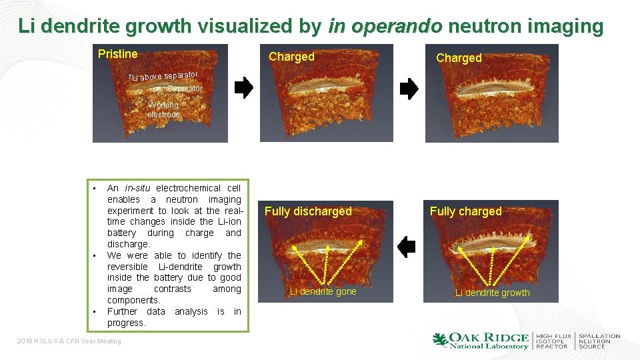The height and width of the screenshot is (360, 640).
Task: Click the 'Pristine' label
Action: coord(117,54)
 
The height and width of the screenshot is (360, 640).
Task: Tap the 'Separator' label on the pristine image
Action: coord(185,89)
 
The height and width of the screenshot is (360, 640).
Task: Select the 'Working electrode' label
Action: coord(163,110)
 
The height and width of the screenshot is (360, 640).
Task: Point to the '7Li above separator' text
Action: coord(163,77)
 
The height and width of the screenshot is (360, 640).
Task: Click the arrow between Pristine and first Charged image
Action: coord(245,87)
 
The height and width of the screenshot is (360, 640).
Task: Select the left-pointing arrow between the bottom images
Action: coord(406,247)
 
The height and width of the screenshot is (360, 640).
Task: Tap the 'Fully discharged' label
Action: coord(308,211)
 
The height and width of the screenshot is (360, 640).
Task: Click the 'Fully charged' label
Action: coord(465,211)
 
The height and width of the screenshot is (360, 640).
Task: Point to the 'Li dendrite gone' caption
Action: coord(323,291)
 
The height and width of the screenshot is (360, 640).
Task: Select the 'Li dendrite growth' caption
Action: coord(492,293)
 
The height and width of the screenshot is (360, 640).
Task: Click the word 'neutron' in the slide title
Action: coord(475,26)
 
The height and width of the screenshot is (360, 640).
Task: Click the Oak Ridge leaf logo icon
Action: coord(441,340)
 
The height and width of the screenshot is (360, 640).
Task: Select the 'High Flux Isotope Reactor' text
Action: coord(553,341)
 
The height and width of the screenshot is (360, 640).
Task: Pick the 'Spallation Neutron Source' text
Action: coord(599,341)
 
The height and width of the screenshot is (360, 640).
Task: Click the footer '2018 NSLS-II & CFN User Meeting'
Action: coord(69,341)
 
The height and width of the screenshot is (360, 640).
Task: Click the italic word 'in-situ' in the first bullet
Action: coord(139,189)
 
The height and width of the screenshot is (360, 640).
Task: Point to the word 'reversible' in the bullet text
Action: coord(127,267)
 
